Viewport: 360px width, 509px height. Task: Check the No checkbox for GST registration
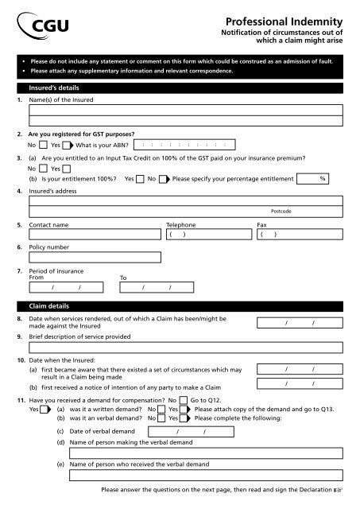click(41, 146)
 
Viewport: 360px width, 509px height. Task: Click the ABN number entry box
click(184, 146)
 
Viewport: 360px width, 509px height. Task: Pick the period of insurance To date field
click(157, 287)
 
